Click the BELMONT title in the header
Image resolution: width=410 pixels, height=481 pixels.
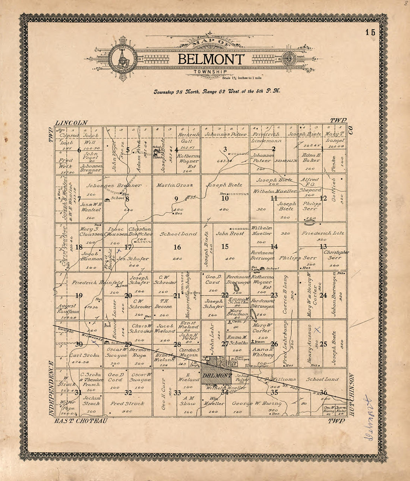pyautogui.click(x=211, y=59)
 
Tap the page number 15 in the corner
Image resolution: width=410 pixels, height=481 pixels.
pyautogui.click(x=370, y=32)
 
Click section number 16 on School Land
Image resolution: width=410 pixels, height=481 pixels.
pyautogui.click(x=177, y=247)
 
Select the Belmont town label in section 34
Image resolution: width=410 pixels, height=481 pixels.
pyautogui.click(x=217, y=376)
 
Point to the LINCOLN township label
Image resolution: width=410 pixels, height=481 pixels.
pyautogui.click(x=71, y=123)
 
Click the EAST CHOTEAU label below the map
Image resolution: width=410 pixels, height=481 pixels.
pyautogui.click(x=81, y=421)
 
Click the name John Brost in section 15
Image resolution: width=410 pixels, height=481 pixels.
pyautogui.click(x=230, y=233)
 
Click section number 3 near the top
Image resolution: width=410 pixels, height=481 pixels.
pyautogui.click(x=225, y=150)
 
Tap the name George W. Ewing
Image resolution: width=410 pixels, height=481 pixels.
pyautogui.click(x=256, y=403)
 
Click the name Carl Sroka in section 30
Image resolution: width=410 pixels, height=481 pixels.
pyautogui.click(x=85, y=355)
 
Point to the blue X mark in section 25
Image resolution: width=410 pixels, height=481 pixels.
pyautogui.click(x=317, y=330)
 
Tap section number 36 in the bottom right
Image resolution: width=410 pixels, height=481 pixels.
pyautogui.click(x=323, y=392)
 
